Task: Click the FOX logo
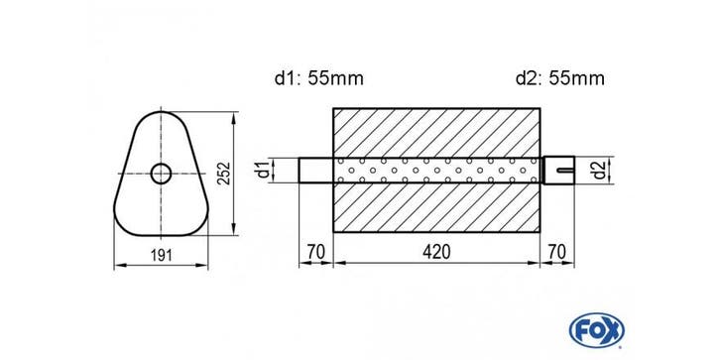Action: pyautogui.click(x=596, y=330)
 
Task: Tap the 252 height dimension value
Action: pyautogui.click(x=224, y=174)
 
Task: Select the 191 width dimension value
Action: pyautogui.click(x=162, y=255)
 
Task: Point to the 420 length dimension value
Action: pyautogui.click(x=436, y=252)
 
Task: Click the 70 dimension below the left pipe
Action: pyautogui.click(x=316, y=252)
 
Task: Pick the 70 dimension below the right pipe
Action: pyautogui.click(x=556, y=252)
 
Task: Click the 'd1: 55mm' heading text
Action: pyautogui.click(x=319, y=78)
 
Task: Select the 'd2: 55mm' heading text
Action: pyautogui.click(x=560, y=78)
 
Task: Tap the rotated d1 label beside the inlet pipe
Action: pyautogui.click(x=263, y=171)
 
